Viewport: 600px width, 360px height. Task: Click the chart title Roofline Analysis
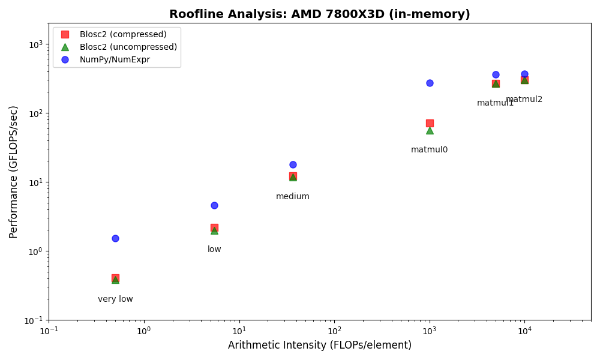point(319,14)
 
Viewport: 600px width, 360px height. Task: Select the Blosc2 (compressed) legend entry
point(123,34)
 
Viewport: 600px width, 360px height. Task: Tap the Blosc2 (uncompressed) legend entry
point(128,47)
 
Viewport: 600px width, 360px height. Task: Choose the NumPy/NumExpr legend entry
point(115,59)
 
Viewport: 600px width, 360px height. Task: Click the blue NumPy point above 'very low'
point(115,238)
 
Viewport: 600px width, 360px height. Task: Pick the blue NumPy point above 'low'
point(214,205)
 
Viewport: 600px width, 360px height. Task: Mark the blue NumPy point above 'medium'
point(293,164)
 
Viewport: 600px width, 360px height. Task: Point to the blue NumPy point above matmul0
point(430,83)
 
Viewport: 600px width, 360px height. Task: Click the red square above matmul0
point(430,123)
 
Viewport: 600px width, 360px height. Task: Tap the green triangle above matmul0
point(430,130)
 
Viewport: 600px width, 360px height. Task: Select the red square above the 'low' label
point(214,227)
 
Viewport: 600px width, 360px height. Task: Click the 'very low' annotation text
point(115,299)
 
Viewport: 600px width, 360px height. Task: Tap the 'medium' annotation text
point(293,197)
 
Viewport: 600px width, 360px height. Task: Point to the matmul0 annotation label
point(429,150)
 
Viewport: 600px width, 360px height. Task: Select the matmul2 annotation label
point(524,100)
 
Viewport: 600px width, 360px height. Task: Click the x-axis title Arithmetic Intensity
point(319,346)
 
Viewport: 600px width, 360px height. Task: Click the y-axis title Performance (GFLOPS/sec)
point(14,172)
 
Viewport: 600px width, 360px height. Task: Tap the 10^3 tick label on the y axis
point(36,44)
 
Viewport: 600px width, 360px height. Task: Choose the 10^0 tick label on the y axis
point(36,251)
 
